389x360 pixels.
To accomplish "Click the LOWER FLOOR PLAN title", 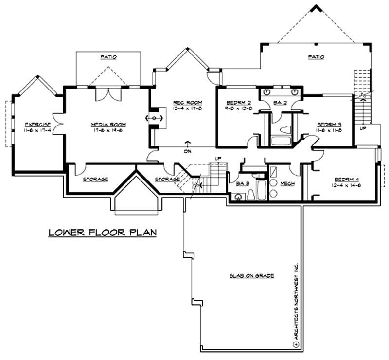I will [102, 232].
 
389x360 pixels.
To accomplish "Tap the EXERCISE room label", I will [38, 125].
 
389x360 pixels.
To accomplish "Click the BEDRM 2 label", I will [238, 102].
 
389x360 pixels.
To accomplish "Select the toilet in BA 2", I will [285, 130].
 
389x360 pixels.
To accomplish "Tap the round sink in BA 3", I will [239, 197].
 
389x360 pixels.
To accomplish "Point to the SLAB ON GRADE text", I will [252, 276].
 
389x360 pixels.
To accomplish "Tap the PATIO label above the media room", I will [108, 57].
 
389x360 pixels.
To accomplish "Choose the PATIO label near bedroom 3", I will [316, 57].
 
